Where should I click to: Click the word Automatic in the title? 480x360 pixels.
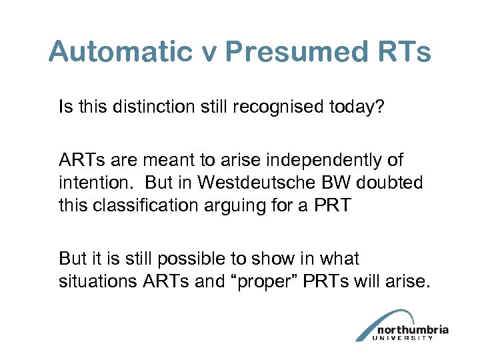[x=121, y=51]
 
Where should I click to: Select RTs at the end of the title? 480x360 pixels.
[x=406, y=51]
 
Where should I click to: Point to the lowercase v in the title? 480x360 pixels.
[x=209, y=53]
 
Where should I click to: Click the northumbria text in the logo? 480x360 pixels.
[x=411, y=329]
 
